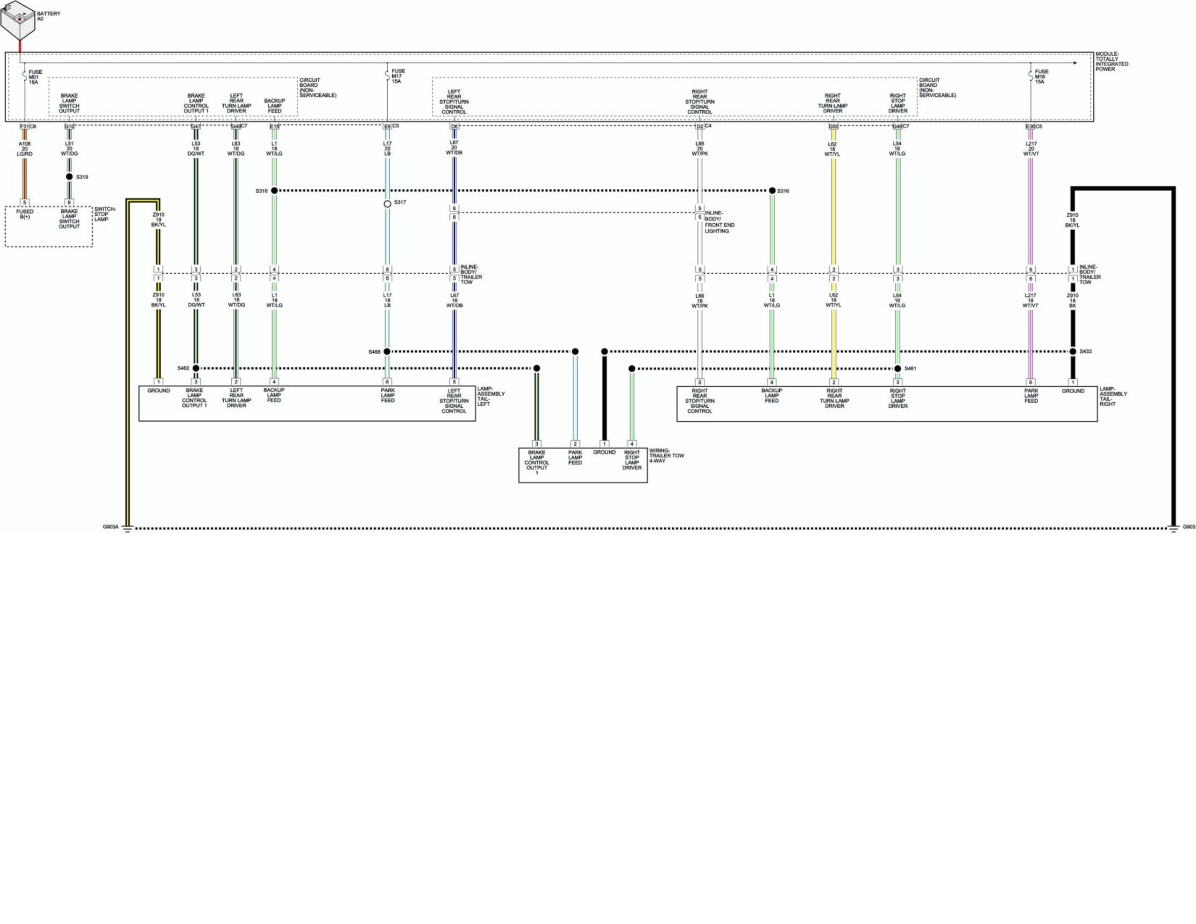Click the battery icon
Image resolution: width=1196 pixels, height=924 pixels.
(18, 19)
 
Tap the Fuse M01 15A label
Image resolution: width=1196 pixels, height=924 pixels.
(35, 77)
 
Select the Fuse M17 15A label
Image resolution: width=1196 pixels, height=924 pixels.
(398, 76)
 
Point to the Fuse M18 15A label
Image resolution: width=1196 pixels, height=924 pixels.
(1041, 77)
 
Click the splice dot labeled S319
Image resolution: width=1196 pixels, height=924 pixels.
(69, 177)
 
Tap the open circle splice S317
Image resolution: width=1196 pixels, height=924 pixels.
(387, 204)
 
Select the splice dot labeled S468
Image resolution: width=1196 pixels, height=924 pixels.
(387, 352)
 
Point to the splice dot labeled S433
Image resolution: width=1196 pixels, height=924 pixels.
(1073, 352)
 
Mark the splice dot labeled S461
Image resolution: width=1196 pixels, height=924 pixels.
(897, 369)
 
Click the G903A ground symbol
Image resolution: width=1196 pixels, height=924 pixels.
(127, 529)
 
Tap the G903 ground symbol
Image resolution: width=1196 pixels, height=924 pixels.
(1174, 529)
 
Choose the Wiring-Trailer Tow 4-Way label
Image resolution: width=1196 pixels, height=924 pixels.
(666, 456)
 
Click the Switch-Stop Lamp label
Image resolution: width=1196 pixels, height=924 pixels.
(105, 214)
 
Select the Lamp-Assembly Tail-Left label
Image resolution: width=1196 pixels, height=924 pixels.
(491, 396)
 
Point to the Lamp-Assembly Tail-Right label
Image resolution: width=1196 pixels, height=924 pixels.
(1113, 397)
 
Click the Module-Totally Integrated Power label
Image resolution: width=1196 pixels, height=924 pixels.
(1111, 62)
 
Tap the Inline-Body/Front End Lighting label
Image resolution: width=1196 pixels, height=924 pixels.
(719, 222)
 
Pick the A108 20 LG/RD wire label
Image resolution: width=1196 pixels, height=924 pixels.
(25, 149)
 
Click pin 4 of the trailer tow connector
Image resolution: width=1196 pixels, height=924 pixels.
(632, 444)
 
